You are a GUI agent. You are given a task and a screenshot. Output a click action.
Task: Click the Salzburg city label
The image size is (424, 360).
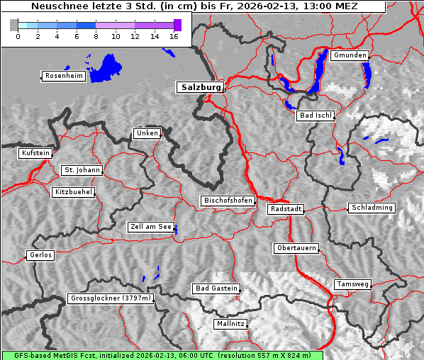[199, 87]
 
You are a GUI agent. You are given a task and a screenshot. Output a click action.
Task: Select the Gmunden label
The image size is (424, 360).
[349, 55]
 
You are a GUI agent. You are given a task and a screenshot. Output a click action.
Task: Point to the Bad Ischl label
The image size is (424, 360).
[315, 116]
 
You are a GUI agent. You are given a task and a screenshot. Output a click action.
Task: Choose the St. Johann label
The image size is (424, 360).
[82, 170]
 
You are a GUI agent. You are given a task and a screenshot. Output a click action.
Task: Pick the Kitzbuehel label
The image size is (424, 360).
[73, 192]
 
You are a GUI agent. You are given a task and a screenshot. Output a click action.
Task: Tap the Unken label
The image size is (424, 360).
[146, 133]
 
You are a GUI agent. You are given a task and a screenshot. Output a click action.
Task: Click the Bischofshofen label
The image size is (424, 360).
[228, 201]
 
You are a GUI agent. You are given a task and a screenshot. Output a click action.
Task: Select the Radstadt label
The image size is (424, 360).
[286, 209]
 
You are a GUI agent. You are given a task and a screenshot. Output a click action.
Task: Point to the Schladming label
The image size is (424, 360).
[371, 208]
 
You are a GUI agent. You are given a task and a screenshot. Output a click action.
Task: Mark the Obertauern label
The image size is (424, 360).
[296, 248]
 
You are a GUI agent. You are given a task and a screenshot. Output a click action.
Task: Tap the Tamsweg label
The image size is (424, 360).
[352, 284]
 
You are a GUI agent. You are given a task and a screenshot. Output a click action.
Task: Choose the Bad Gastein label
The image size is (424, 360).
[216, 288]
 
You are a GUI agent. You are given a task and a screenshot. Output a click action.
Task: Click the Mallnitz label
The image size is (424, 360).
[230, 324]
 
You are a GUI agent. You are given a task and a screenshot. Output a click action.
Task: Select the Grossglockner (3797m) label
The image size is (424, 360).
[111, 298]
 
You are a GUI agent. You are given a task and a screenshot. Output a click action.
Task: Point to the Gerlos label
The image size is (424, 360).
[40, 255]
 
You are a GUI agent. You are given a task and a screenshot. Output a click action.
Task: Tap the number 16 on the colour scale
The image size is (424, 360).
[173, 36]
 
